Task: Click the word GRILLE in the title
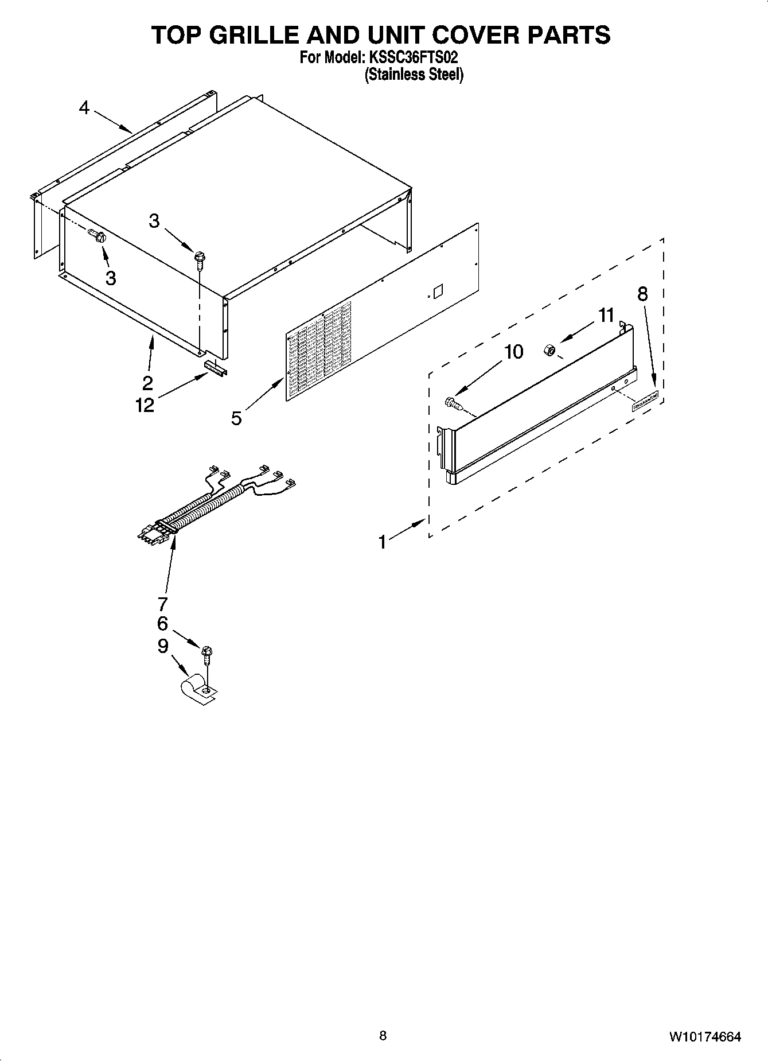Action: tap(258, 36)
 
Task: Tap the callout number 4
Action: tap(84, 107)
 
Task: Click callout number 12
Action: tap(145, 405)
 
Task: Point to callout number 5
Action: tap(236, 418)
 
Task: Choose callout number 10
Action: tap(514, 351)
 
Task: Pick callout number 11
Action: tap(606, 315)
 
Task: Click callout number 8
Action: tap(642, 294)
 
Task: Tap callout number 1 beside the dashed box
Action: tap(383, 542)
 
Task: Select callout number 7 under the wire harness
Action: tap(162, 604)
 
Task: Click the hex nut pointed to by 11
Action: tap(548, 349)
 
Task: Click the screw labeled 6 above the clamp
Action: tap(206, 653)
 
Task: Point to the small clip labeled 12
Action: tap(216, 368)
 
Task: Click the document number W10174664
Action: tap(704, 1037)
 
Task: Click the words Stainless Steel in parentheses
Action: tap(414, 75)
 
